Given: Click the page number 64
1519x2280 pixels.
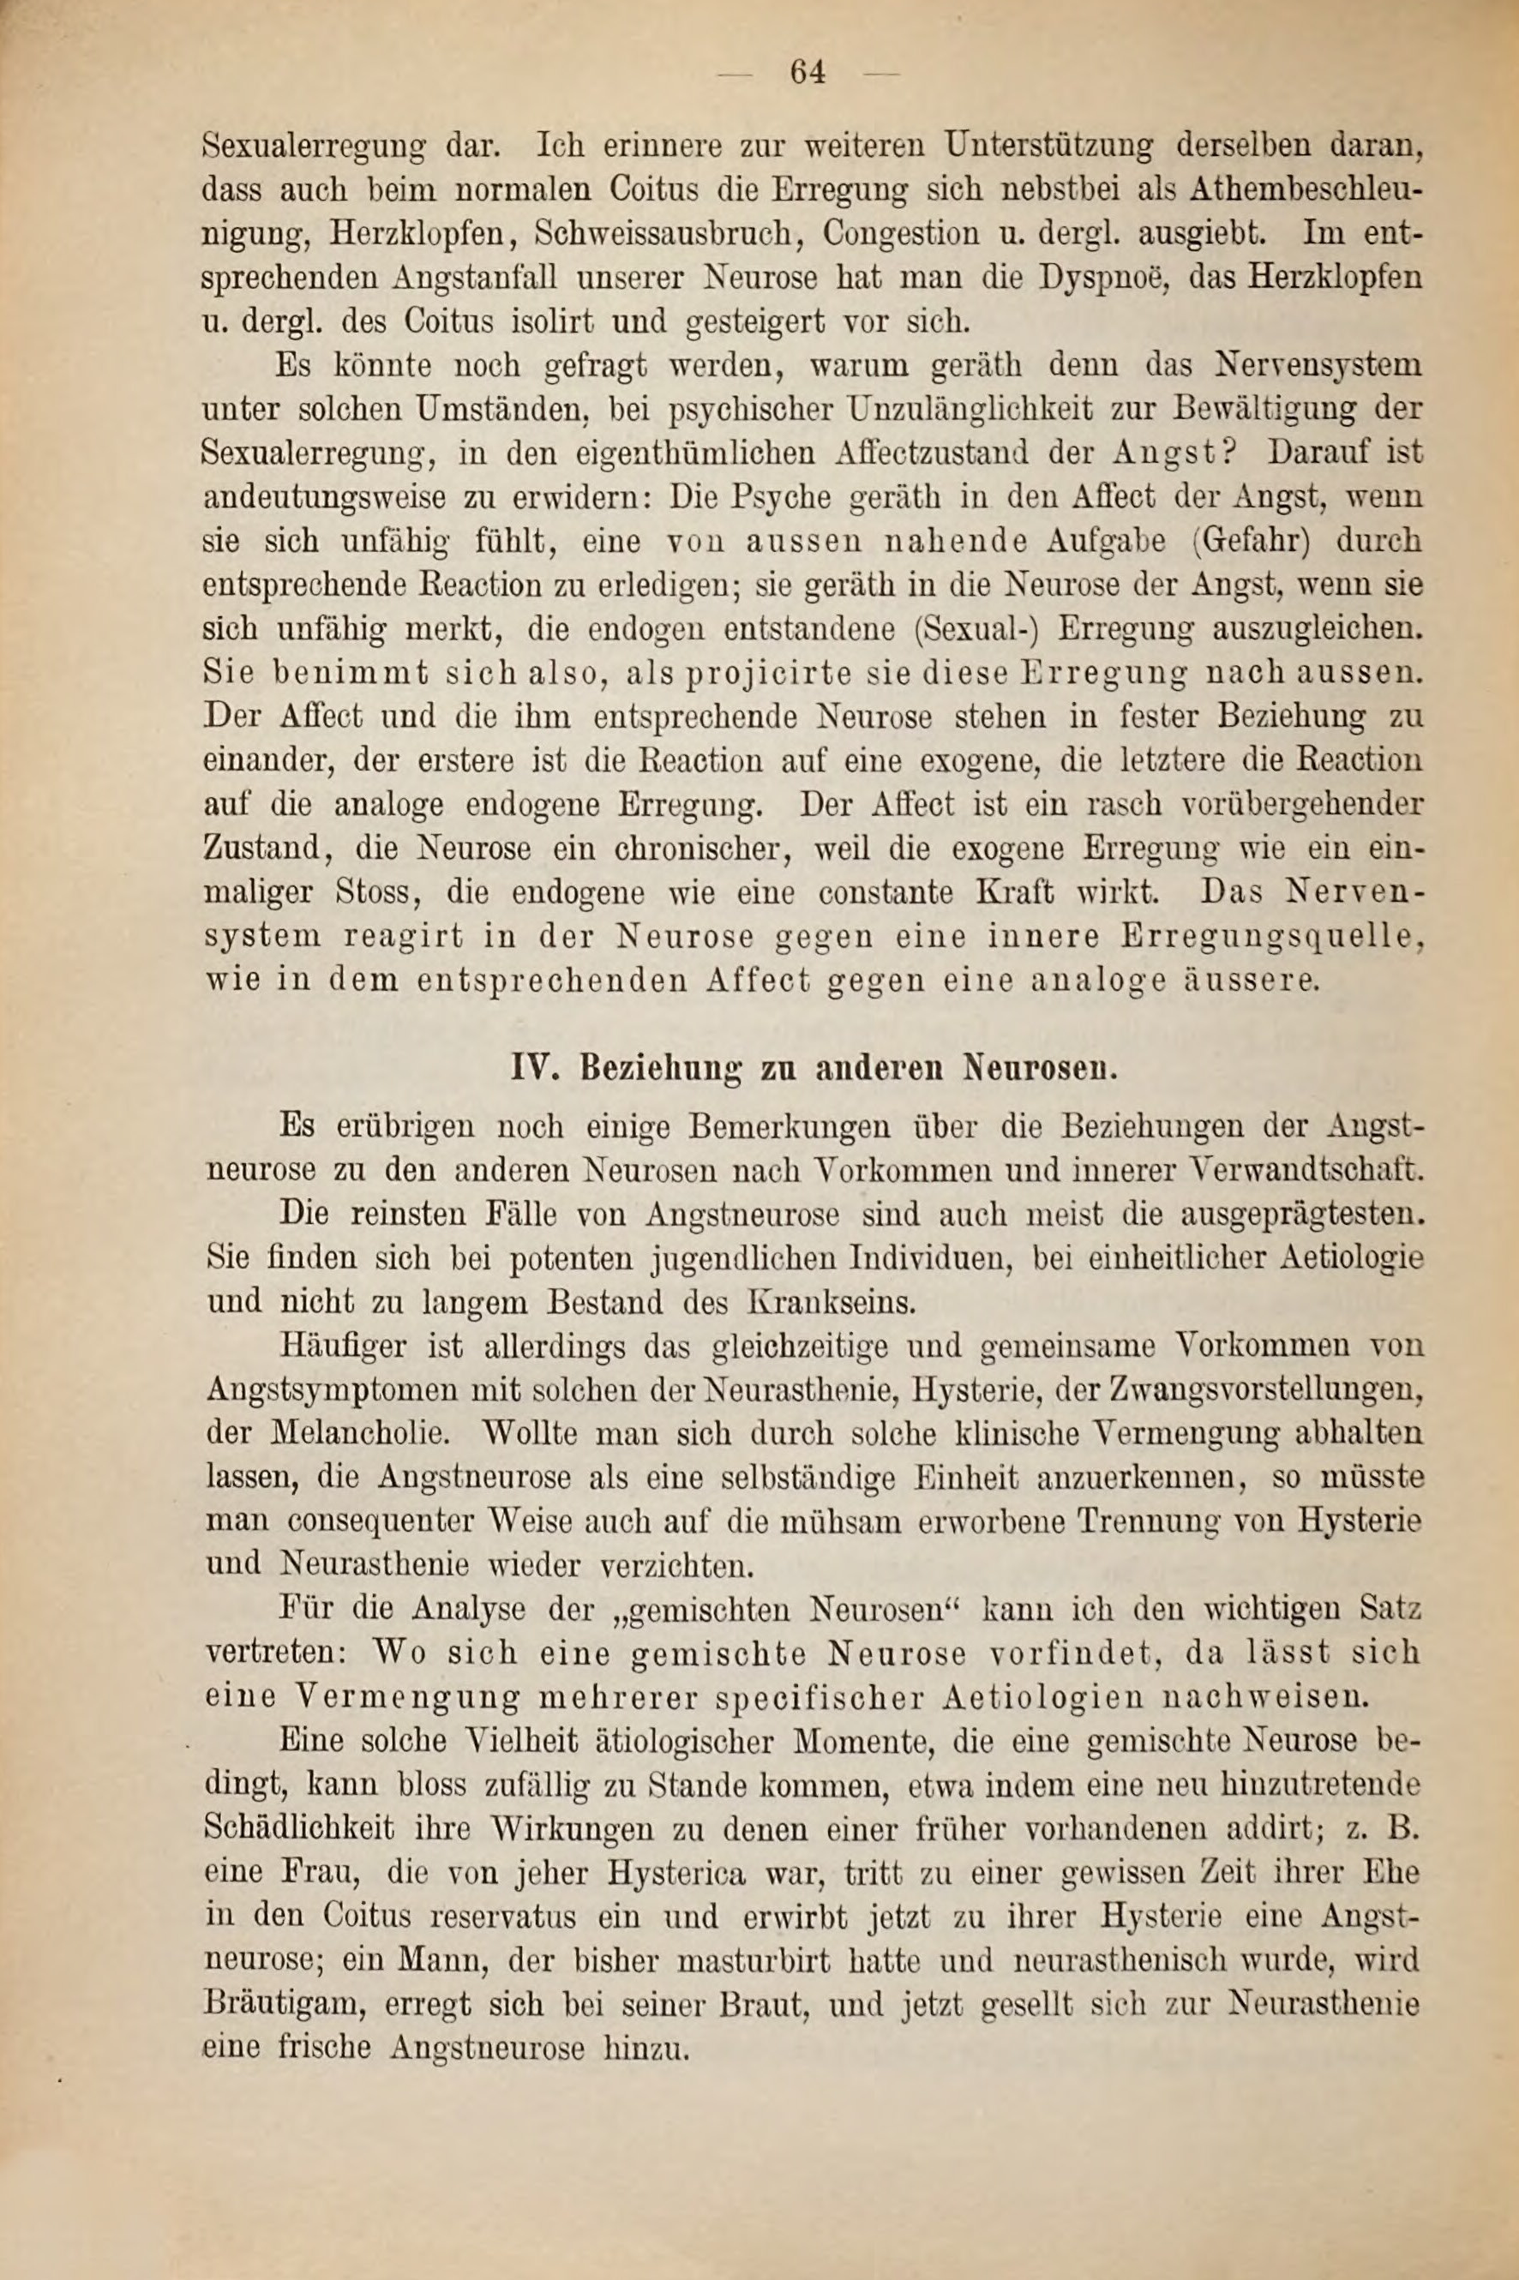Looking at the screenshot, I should (x=806, y=73).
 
